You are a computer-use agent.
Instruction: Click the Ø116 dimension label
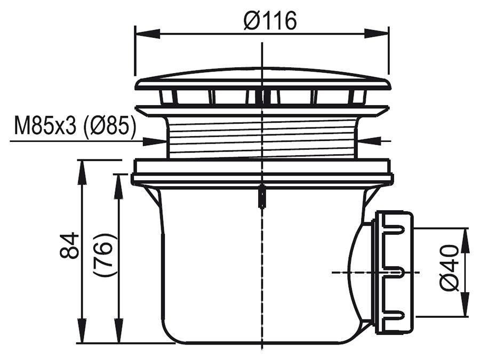click(269, 21)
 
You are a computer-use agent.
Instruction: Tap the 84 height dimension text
click(69, 246)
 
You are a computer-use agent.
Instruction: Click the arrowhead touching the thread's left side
click(158, 141)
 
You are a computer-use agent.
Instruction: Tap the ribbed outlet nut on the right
click(394, 272)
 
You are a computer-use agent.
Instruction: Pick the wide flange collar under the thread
click(262, 172)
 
